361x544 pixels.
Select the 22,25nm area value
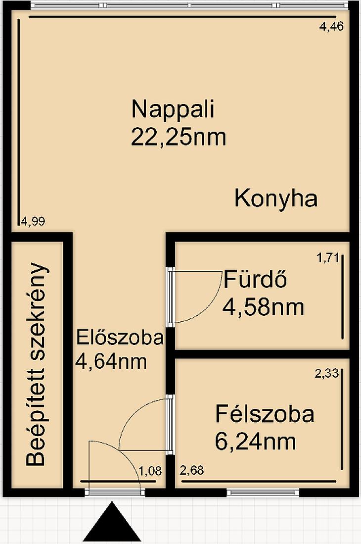point(179,137)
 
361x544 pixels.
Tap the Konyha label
point(276,199)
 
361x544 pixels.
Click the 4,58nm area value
point(263,307)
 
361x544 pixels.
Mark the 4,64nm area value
point(111,361)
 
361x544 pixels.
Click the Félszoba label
point(265,414)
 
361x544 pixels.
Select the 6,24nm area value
point(256,442)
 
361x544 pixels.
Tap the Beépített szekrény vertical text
point(36,364)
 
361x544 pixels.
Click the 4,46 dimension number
point(331,27)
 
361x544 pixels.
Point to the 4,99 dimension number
point(33,221)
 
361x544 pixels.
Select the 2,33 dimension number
point(326,374)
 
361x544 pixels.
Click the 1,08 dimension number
point(150,471)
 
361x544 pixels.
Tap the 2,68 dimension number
point(192,470)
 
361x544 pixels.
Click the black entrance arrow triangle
point(113,521)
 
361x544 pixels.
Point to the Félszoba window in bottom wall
point(263,492)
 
